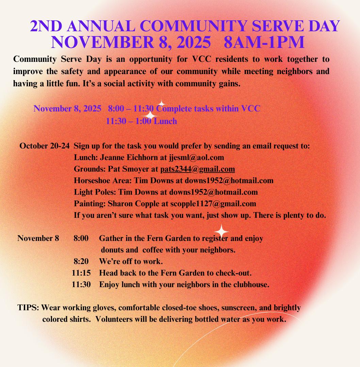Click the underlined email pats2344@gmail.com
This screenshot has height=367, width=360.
pyautogui.click(x=197, y=169)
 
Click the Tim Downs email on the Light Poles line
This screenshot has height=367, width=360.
pyautogui.click(x=213, y=192)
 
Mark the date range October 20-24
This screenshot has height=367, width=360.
pyautogui.click(x=45, y=146)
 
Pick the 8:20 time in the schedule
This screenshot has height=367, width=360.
pyautogui.click(x=81, y=261)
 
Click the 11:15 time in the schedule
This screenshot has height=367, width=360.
pyautogui.click(x=81, y=273)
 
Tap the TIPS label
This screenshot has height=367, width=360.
pyautogui.click(x=28, y=308)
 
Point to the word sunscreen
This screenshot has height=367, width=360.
pyautogui.click(x=238, y=308)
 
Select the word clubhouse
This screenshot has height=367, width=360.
pyautogui.click(x=249, y=284)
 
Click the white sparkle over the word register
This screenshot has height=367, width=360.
pyautogui.click(x=222, y=231)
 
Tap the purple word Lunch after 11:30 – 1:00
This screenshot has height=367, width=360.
pyautogui.click(x=165, y=121)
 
